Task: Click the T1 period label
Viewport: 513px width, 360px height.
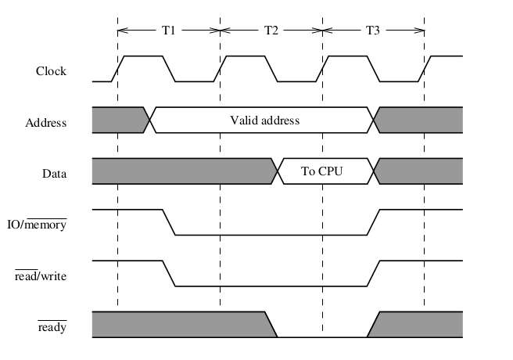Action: pyautogui.click(x=168, y=31)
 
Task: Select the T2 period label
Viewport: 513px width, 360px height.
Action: pyautogui.click(x=271, y=31)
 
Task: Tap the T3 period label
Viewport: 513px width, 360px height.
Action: pyautogui.click(x=373, y=31)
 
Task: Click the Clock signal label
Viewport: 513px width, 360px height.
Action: pyautogui.click(x=51, y=71)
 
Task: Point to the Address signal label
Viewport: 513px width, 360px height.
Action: pyautogui.click(x=45, y=123)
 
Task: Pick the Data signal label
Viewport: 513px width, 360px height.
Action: pyautogui.click(x=53, y=174)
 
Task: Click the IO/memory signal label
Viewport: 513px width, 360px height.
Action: pyautogui.click(x=42, y=225)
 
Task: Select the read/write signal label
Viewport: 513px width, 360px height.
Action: pyautogui.click(x=41, y=275)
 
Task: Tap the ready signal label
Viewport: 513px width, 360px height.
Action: pyautogui.click(x=52, y=327)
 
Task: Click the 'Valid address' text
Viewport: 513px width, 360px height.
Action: pyautogui.click(x=264, y=121)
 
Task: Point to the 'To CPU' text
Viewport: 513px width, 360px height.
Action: pyautogui.click(x=322, y=171)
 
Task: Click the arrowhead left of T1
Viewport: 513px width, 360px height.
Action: pyautogui.click(x=120, y=31)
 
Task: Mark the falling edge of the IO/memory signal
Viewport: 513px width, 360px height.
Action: pyautogui.click(x=168, y=222)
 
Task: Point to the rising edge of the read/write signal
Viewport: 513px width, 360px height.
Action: pyautogui.click(x=373, y=273)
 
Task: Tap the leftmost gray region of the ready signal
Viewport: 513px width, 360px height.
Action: pyautogui.click(x=180, y=324)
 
